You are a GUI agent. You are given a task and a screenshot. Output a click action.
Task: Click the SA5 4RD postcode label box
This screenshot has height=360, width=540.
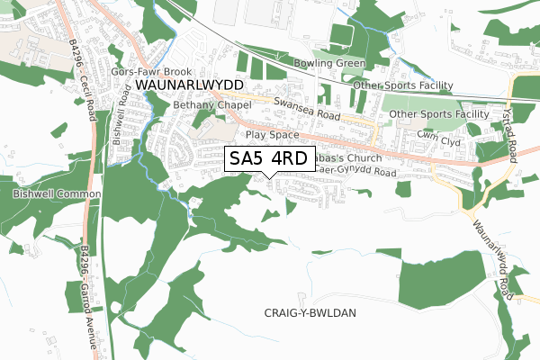pos(269,158)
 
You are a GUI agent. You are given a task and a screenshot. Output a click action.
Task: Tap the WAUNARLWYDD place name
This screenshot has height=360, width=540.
pos(190,84)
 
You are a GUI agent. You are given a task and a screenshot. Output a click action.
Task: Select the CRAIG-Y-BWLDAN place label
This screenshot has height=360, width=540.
pos(311,312)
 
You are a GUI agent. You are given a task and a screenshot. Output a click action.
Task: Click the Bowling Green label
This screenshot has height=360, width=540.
pos(329,64)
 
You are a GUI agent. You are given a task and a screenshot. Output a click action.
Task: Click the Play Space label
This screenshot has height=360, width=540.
pos(272,134)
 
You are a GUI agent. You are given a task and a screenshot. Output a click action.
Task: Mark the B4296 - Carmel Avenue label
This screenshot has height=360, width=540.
pos(96,275)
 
